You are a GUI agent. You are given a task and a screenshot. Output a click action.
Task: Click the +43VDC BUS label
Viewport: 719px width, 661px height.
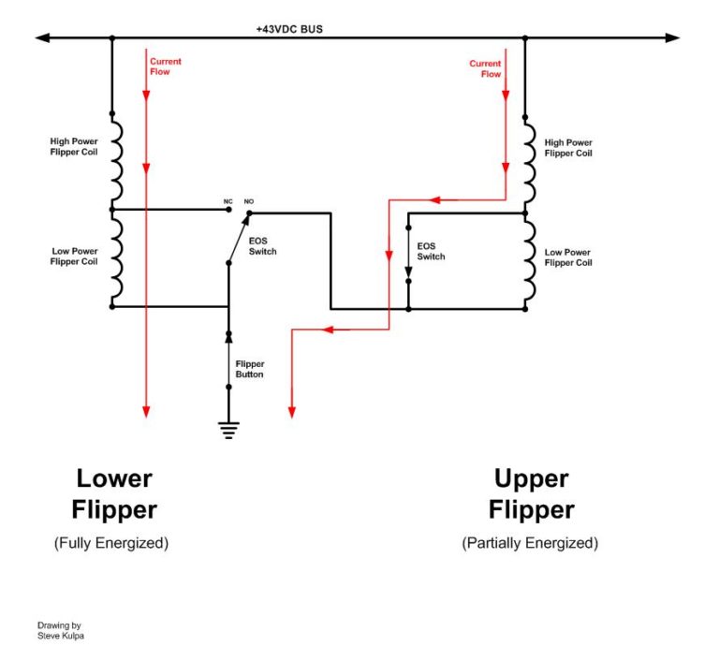[x=289, y=29]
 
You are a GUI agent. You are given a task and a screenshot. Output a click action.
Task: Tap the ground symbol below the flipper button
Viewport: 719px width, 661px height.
[x=227, y=432]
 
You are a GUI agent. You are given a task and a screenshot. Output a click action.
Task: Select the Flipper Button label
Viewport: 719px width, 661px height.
[x=250, y=369]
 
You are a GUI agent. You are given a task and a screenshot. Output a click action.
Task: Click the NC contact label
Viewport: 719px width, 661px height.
[x=227, y=201]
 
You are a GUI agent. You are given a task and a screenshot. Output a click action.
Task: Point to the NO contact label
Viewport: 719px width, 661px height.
[x=249, y=201]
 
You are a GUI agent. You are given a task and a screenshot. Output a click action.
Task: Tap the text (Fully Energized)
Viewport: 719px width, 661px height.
[x=111, y=543]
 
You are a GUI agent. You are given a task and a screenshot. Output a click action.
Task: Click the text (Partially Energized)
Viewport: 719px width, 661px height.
[x=530, y=543]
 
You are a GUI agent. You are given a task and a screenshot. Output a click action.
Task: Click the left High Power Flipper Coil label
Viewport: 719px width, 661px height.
[x=74, y=147]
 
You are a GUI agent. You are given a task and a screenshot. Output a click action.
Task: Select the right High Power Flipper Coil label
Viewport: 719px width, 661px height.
[x=568, y=148]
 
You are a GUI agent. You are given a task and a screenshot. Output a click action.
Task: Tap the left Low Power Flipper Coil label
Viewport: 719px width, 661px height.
[x=74, y=257]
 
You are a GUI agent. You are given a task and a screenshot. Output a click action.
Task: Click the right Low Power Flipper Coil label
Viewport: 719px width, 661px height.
[x=567, y=257]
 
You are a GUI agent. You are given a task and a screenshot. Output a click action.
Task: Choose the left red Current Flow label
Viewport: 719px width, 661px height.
[x=166, y=66]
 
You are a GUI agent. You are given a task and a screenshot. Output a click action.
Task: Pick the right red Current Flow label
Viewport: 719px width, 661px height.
[x=485, y=68]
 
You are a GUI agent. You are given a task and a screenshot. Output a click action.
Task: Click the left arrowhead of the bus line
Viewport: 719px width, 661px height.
[x=42, y=38]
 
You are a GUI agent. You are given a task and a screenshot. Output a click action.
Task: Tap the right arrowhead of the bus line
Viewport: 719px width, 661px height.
[x=672, y=38]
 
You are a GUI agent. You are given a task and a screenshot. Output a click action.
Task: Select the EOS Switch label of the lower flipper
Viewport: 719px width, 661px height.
[x=263, y=246]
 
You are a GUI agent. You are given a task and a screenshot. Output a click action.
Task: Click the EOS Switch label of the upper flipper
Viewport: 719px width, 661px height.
[x=431, y=251]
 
